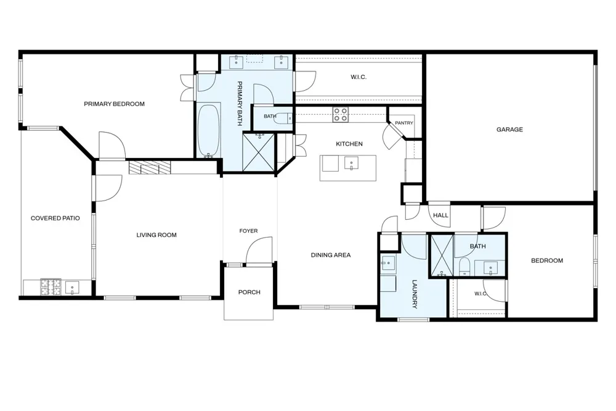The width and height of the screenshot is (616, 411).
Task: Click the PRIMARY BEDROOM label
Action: (x=115, y=104)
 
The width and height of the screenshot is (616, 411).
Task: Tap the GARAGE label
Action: (x=509, y=129)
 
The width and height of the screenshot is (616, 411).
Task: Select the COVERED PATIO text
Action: (x=55, y=218)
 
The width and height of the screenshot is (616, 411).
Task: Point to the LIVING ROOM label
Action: (x=156, y=235)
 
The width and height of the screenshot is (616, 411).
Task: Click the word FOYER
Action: (x=249, y=231)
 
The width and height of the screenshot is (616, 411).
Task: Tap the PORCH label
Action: (x=249, y=292)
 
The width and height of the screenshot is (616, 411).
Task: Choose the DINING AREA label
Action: (x=331, y=255)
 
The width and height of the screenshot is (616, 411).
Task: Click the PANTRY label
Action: (x=404, y=123)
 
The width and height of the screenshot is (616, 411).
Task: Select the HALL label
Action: (x=440, y=215)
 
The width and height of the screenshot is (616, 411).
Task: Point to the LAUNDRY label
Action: (x=415, y=294)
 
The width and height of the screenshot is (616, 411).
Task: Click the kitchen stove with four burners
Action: (x=340, y=115)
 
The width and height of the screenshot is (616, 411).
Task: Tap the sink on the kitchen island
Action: (x=351, y=164)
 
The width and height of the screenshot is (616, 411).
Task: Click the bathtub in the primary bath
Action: (x=208, y=131)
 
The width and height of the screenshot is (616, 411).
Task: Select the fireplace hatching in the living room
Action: (x=150, y=167)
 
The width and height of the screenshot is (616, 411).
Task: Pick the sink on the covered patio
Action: (x=72, y=288)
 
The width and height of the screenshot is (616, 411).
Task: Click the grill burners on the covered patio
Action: (x=51, y=287)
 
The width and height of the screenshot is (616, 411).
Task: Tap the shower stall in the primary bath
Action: (x=259, y=153)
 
